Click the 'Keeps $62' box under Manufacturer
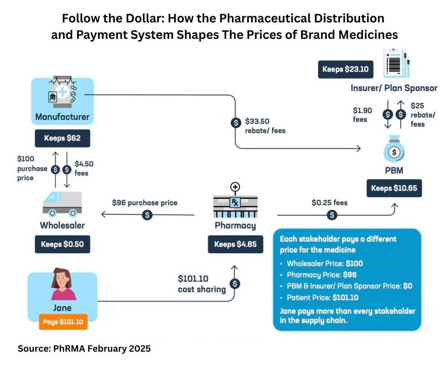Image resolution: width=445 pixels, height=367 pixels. (x=62, y=138)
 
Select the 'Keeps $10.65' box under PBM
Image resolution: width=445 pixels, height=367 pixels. (x=394, y=188)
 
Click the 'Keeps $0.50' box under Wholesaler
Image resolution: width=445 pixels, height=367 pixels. (x=62, y=244)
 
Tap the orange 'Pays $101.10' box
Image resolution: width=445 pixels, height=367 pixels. (x=63, y=322)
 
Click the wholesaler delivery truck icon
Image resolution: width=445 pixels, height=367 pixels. (x=62, y=204)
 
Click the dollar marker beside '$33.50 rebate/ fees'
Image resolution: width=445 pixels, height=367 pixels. (x=235, y=122)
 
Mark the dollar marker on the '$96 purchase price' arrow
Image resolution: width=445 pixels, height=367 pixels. (x=148, y=215)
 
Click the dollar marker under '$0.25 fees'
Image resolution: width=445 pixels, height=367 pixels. (x=332, y=215)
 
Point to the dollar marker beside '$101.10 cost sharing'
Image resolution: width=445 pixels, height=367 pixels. (x=235, y=284)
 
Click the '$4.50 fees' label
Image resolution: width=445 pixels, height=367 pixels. (x=84, y=168)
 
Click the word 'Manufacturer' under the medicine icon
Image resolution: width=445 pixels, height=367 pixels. (x=62, y=117)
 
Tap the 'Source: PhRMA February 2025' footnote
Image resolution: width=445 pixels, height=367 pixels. (x=84, y=349)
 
